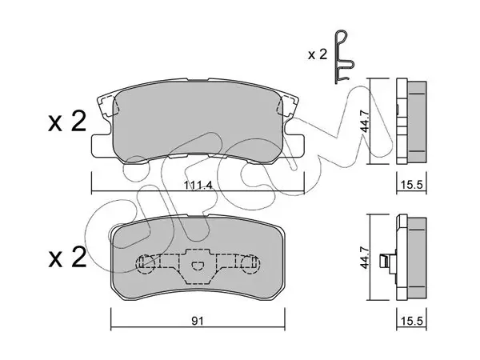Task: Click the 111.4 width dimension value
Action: click(198, 186)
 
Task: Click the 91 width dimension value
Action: click(198, 321)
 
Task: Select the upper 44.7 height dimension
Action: click(366, 122)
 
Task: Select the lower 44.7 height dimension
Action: click(366, 258)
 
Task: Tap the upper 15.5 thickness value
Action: click(411, 185)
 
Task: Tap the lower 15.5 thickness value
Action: click(411, 321)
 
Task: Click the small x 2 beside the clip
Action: click(318, 54)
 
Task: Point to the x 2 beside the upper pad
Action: click(67, 122)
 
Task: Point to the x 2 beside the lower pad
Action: click(67, 258)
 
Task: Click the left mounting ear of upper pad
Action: click(101, 146)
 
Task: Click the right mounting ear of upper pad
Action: click(294, 146)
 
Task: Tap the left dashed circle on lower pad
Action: click(145, 263)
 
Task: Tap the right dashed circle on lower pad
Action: click(250, 263)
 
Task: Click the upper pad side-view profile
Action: click(411, 122)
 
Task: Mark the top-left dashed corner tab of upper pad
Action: click(106, 106)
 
